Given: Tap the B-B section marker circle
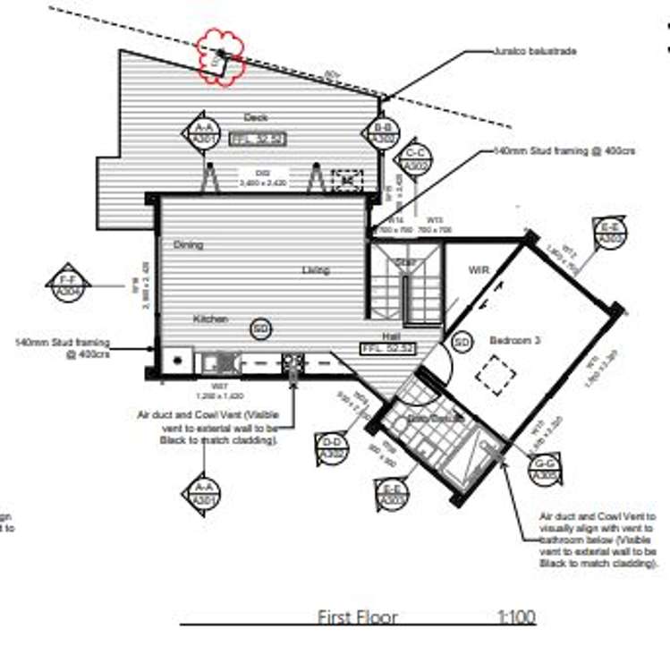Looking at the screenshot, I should coord(383,133).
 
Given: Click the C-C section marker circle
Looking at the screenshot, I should coord(417,159).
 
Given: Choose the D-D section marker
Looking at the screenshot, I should coord(332,447).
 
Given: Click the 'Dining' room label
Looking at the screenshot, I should coord(189,245).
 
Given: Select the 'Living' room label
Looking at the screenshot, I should coord(315,269).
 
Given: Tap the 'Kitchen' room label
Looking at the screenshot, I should coord(211,319).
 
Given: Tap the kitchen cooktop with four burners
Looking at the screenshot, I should coord(293,362).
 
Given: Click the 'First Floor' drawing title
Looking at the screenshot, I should coord(358,617).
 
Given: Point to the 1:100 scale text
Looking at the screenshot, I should coord(516,617).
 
